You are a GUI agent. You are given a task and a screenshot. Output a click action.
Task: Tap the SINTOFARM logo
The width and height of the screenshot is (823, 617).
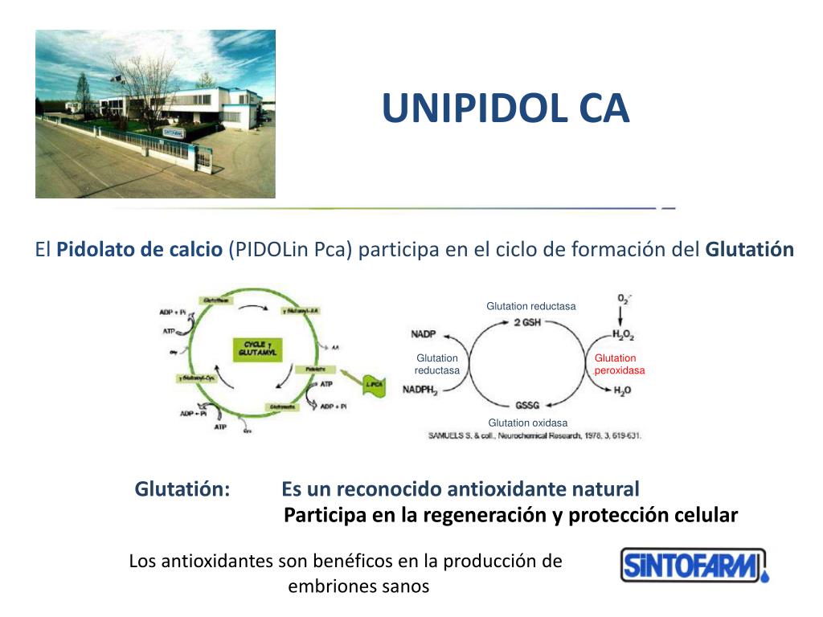click(694, 566)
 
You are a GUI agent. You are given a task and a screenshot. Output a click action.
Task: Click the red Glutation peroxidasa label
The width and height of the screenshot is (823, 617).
click(619, 364)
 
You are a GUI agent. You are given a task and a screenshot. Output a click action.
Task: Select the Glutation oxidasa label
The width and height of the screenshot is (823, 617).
click(528, 423)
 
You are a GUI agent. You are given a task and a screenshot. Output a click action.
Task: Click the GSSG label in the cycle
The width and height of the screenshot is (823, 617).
click(527, 405)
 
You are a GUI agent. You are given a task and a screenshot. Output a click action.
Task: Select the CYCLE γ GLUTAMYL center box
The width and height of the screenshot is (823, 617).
click(255, 349)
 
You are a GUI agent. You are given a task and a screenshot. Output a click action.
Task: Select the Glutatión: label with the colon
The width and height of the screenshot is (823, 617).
click(182, 488)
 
